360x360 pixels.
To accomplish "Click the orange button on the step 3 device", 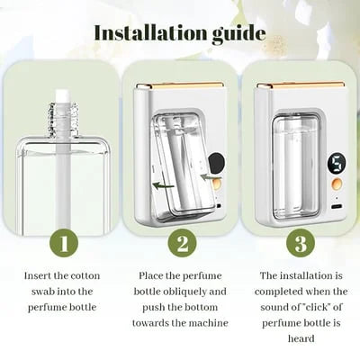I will click(337, 184).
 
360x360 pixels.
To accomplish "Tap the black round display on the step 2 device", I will click(217, 165).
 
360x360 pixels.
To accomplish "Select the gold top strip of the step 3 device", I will click(301, 85).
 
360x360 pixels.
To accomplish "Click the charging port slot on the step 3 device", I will click(337, 205).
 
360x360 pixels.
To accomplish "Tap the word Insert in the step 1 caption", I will click(40, 275).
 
